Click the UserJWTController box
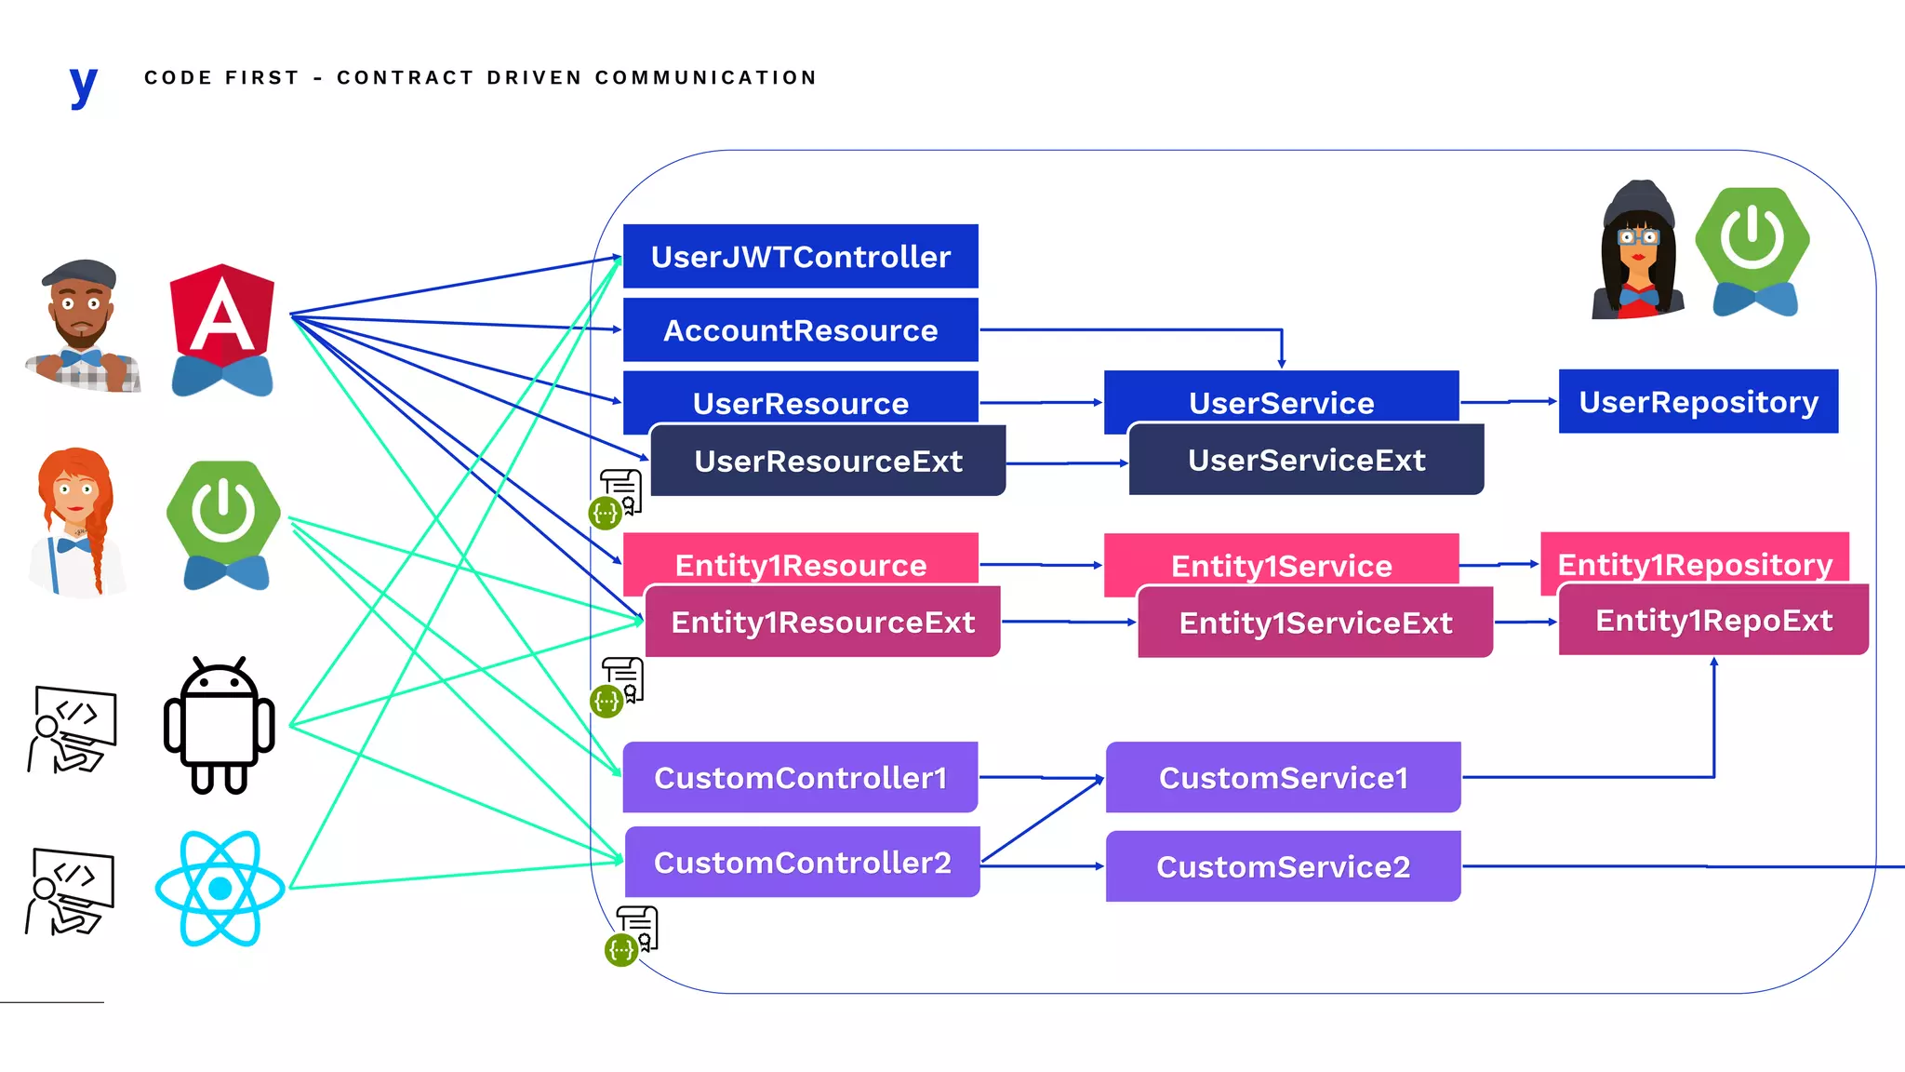pyautogui.click(x=800, y=256)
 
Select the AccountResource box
pyautogui.click(x=800, y=330)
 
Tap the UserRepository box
pyautogui.click(x=1698, y=401)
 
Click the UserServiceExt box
pyautogui.click(x=1306, y=461)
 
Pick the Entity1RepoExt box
pyautogui.click(x=1713, y=621)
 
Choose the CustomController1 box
pyautogui.click(x=800, y=777)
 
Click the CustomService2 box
pyautogui.click(x=1283, y=866)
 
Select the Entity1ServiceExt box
pyautogui.click(x=1315, y=623)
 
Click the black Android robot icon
pyautogui.click(x=220, y=726)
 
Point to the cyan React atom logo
pyautogui.click(x=220, y=889)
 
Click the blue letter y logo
pyautogui.click(x=84, y=87)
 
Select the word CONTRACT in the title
pyautogui.click(x=405, y=78)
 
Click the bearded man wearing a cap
pyautogui.click(x=82, y=326)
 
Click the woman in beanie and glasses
pyautogui.click(x=1638, y=251)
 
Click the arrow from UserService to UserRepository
pyautogui.click(x=1508, y=401)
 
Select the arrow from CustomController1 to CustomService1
pyautogui.click(x=1042, y=777)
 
